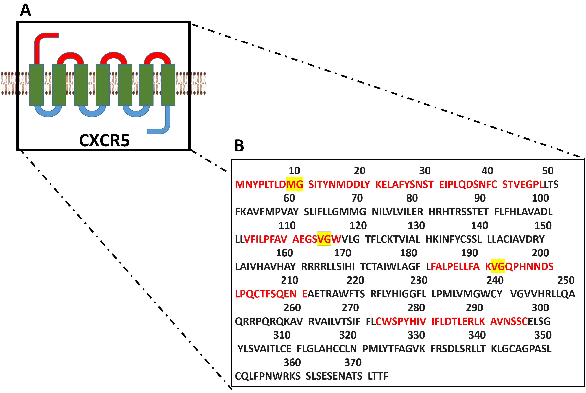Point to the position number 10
[x=294, y=171]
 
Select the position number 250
[x=566, y=280]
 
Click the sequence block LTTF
[x=378, y=376]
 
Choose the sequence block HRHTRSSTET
[x=458, y=212]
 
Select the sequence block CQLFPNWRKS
[x=268, y=376]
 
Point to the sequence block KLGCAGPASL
[x=521, y=349]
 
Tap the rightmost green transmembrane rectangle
[x=168, y=85]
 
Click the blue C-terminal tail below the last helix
[x=163, y=125]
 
